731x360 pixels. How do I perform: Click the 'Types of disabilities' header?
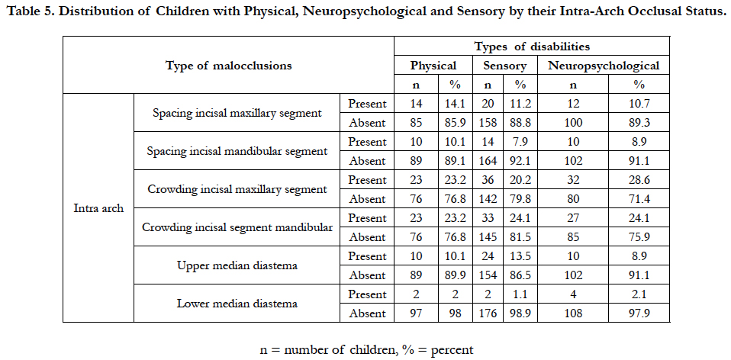[x=532, y=47]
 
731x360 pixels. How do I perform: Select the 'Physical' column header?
[x=433, y=66]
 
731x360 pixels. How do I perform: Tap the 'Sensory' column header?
[x=504, y=66]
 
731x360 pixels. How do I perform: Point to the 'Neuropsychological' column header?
[x=604, y=66]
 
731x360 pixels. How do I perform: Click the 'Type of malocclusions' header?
[x=228, y=66]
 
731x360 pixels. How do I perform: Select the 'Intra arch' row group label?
[x=98, y=208]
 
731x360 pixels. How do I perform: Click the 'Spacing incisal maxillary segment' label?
[x=237, y=113]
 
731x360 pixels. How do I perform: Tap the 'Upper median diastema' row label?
[x=237, y=265]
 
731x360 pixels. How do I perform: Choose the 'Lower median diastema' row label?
[x=237, y=304]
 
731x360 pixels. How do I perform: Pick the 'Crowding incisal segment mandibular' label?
[x=237, y=227]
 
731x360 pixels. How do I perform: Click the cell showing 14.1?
[x=455, y=104]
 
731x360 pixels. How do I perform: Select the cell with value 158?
[x=488, y=123]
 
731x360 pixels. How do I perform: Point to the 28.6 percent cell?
[x=639, y=180]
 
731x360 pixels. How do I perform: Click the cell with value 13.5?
[x=520, y=256]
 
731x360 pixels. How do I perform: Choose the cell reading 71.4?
[x=639, y=199]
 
